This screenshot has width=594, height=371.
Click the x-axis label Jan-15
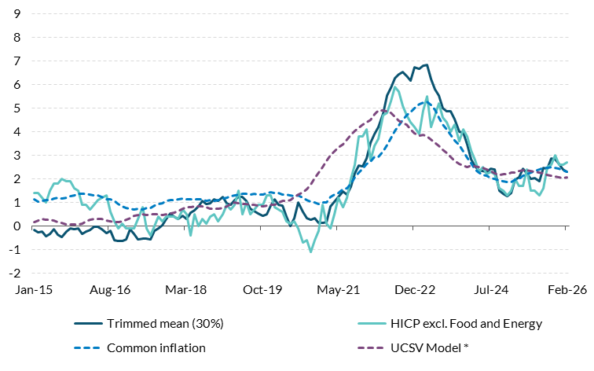(32, 289)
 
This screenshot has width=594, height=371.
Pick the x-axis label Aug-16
(109, 289)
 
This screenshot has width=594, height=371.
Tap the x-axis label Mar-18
(185, 289)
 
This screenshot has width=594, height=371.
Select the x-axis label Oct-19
(262, 289)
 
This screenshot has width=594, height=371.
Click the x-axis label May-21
(338, 289)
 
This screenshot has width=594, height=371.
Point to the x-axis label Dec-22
(415, 289)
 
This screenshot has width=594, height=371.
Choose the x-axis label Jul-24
(491, 289)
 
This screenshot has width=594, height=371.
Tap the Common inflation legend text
(157, 347)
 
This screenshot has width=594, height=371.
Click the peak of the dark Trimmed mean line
(426, 64)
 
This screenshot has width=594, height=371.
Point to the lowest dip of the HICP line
(310, 252)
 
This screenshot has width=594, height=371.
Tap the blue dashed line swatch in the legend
(87, 347)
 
